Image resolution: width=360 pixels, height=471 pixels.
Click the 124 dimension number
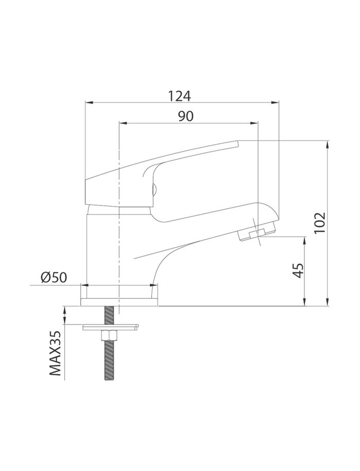(179, 96)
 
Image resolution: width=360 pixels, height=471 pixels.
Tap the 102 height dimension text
(319, 223)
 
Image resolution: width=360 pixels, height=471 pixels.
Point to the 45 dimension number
(298, 270)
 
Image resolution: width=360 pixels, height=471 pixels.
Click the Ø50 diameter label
(53, 278)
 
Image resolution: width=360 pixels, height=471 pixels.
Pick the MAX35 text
(55, 353)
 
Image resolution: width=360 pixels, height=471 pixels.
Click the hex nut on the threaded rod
(109, 334)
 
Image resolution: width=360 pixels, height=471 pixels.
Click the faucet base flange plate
(119, 302)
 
